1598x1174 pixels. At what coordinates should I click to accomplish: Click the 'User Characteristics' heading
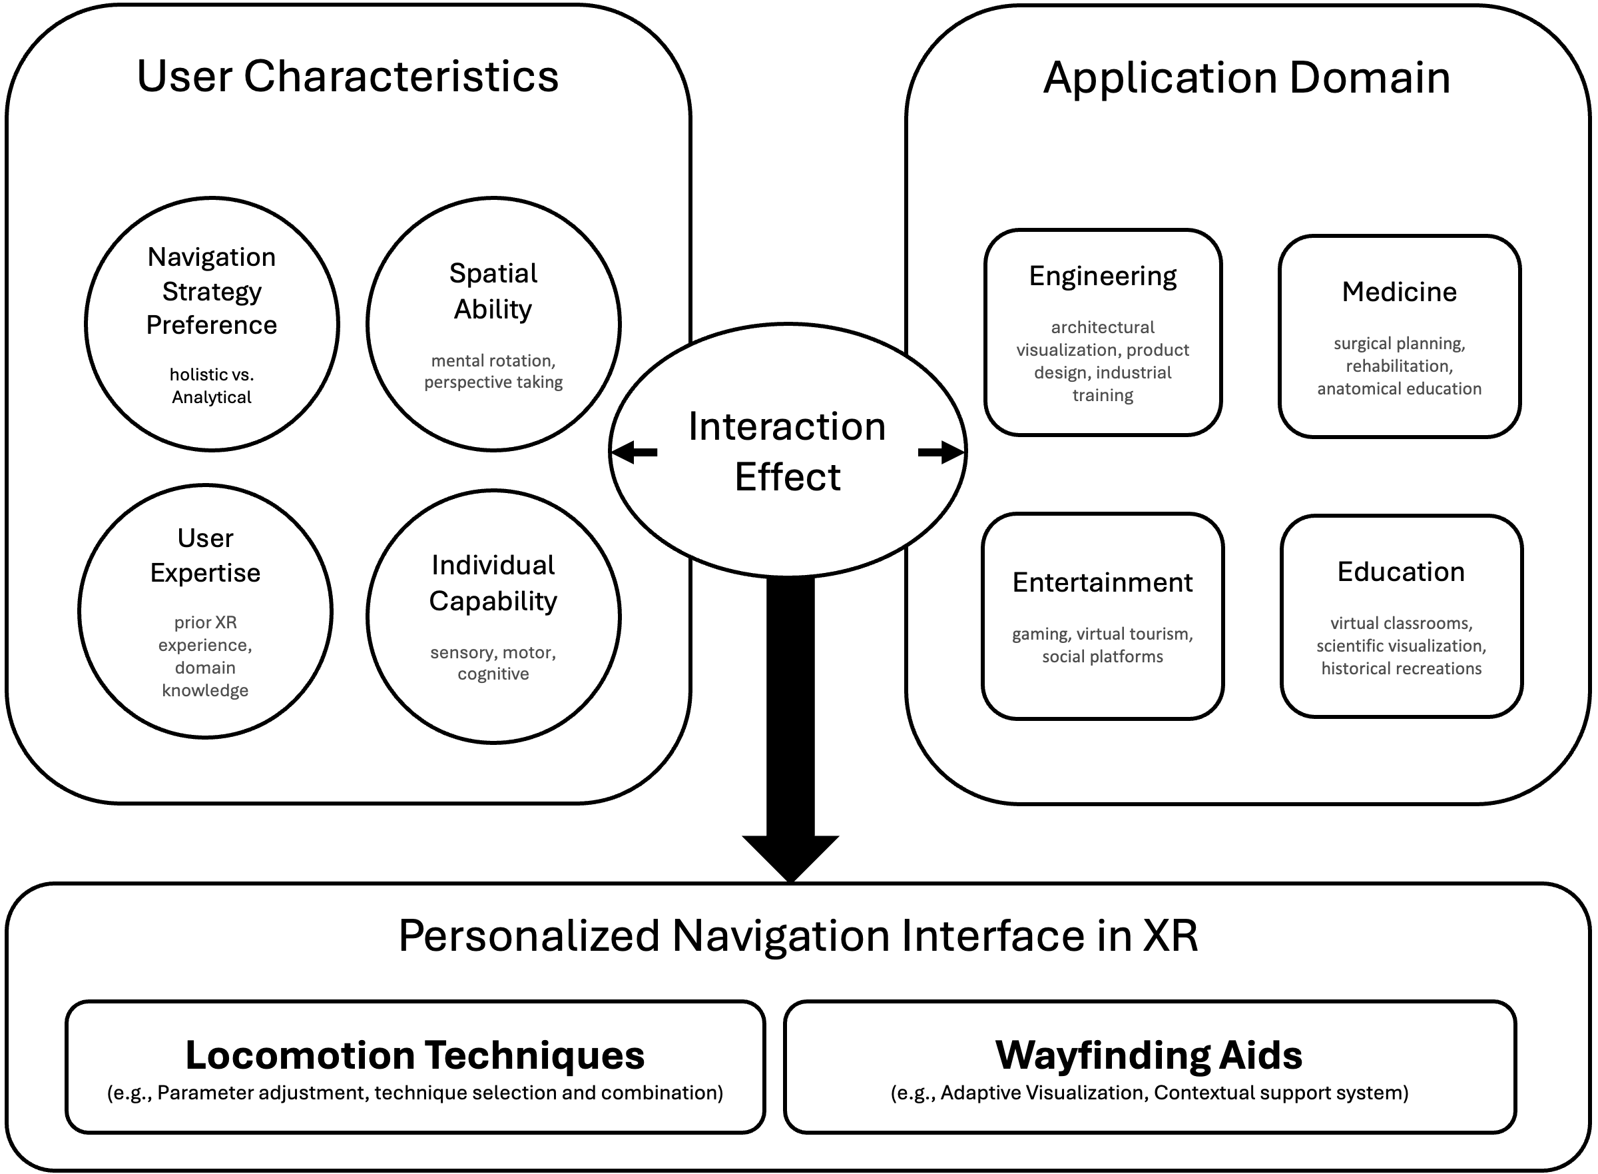point(348,76)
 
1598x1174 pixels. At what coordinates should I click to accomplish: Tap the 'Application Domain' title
point(1246,77)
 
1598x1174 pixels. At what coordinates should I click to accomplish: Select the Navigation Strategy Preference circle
point(212,324)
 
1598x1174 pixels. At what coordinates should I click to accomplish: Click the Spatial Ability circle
point(493,324)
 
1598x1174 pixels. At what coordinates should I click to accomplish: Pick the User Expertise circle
point(205,611)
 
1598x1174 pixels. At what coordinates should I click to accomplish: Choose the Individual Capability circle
point(493,616)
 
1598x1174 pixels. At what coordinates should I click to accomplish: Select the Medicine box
point(1399,336)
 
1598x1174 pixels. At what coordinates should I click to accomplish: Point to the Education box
point(1402,616)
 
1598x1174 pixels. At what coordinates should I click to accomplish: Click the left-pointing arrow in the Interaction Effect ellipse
point(635,452)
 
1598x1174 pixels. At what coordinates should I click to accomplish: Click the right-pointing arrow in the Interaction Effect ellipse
point(941,452)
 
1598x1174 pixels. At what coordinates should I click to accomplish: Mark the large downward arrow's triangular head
point(790,856)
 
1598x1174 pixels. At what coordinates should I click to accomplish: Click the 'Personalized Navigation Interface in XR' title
point(798,935)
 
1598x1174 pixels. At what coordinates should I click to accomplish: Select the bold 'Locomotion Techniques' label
point(415,1055)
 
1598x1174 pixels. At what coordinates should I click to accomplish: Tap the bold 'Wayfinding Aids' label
point(1149,1055)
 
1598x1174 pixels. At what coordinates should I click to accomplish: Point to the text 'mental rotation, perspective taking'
point(493,371)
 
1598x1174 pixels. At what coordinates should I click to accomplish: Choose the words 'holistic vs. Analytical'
point(212,385)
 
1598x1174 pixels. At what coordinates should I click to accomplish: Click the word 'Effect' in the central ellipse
point(788,476)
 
